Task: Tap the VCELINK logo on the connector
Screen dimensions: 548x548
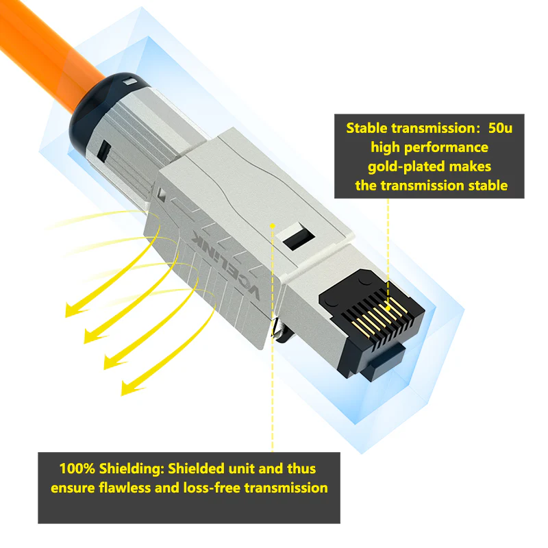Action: (227, 264)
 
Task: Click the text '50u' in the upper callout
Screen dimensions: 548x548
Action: (500, 128)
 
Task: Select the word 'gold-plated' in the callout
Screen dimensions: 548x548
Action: (404, 166)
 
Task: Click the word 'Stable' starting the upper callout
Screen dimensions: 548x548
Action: (366, 128)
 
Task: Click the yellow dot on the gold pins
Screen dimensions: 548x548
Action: (388, 309)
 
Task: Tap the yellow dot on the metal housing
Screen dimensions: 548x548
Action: (273, 226)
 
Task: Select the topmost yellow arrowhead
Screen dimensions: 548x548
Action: (75, 310)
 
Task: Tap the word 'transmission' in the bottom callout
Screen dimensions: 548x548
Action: (286, 488)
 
